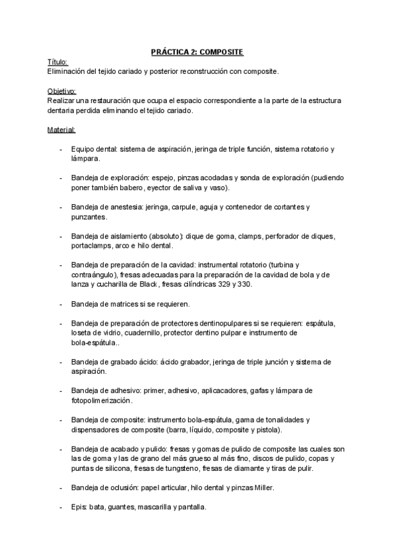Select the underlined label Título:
[x=57, y=61]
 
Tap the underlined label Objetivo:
[x=61, y=90]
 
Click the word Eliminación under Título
[x=69, y=70]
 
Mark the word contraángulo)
[x=98, y=275]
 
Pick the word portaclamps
[x=92, y=246]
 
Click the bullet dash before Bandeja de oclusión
[x=61, y=487]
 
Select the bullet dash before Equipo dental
[x=61, y=149]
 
